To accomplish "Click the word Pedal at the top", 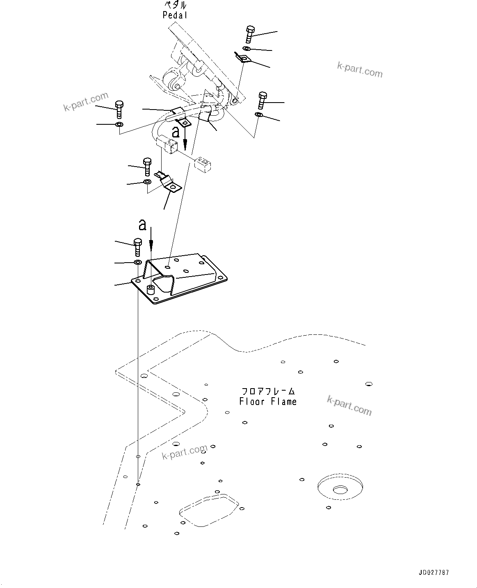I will click(175, 16).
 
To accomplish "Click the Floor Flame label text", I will click(268, 402).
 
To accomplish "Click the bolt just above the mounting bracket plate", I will click(137, 247).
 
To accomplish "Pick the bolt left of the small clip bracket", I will click(147, 166).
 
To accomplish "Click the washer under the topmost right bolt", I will click(245, 49).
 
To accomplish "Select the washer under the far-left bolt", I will click(119, 124).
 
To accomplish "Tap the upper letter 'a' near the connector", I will click(176, 132).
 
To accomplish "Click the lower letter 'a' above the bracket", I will click(142, 224).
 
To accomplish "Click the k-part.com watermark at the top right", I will click(360, 70).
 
